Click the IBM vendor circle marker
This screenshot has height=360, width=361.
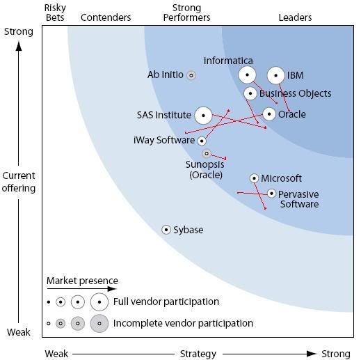pyautogui.click(x=275, y=75)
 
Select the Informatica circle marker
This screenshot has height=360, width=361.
pyautogui.click(x=247, y=75)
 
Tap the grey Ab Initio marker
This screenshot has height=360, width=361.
pyautogui.click(x=191, y=75)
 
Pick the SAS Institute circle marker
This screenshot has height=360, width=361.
pyautogui.click(x=203, y=116)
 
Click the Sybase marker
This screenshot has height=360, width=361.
pyautogui.click(x=166, y=230)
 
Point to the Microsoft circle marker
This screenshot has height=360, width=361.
pyautogui.click(x=254, y=178)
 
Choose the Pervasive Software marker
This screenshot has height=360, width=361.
pyautogui.click(x=271, y=194)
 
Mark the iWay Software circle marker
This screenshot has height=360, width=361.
pyautogui.click(x=202, y=141)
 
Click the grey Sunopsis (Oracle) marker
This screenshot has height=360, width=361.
pyautogui.click(x=207, y=153)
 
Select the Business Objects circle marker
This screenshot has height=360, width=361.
pyautogui.click(x=250, y=93)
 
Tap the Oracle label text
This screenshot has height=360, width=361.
pyautogui.click(x=292, y=114)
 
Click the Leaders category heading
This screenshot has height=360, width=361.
pyautogui.click(x=295, y=17)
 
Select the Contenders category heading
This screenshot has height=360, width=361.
pyautogui.click(x=106, y=17)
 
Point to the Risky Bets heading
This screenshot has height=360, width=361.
pyautogui.click(x=55, y=13)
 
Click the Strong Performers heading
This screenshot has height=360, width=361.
pyautogui.click(x=186, y=13)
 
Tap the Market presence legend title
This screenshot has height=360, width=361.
pyautogui.click(x=82, y=281)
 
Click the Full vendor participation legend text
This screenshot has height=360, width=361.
pyautogui.click(x=166, y=302)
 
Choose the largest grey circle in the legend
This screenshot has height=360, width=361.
pyautogui.click(x=99, y=323)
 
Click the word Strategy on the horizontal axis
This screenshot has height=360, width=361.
pyautogui.click(x=198, y=354)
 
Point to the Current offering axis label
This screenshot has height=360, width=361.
pyautogui.click(x=19, y=182)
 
